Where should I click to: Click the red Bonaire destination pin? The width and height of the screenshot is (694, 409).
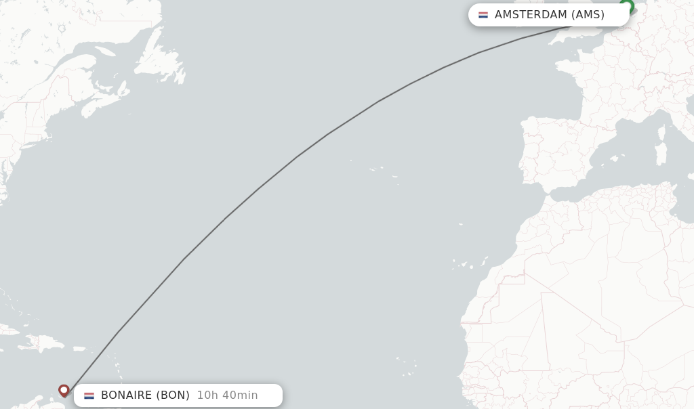64,390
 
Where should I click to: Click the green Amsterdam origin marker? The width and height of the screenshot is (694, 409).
627,6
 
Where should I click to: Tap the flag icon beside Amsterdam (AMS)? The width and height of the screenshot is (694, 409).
483,15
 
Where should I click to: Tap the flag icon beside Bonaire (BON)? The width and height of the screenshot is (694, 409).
89,395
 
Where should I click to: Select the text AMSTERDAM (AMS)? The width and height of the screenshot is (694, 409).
549,15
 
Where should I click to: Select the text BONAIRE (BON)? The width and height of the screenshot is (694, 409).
145,395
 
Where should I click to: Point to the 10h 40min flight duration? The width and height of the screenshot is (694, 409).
227,395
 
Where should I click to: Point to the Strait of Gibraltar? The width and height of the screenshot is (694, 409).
540,188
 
